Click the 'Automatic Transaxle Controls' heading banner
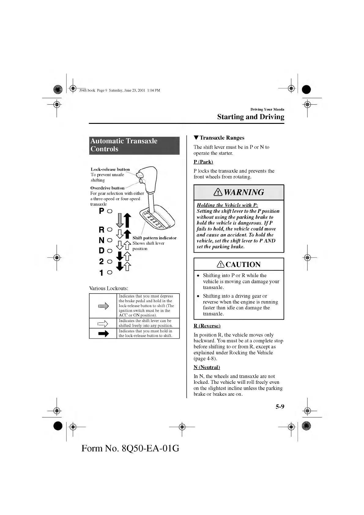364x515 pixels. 134,145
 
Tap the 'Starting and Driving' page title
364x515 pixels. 251,117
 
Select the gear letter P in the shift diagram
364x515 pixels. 102,211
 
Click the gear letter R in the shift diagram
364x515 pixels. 102,230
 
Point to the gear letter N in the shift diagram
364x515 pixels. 102,240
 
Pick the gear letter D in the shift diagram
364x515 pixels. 102,251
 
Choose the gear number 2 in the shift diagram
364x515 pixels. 102,261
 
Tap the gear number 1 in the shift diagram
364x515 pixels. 102,272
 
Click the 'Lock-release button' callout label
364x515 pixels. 110,169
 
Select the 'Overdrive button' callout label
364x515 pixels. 107,188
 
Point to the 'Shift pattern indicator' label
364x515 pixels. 154,238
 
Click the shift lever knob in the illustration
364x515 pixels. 148,177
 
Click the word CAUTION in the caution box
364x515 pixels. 243,265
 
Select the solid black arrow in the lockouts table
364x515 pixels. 103,334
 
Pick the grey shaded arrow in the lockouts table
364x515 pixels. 103,306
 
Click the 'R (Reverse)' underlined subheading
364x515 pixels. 207,326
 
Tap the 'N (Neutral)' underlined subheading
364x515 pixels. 207,367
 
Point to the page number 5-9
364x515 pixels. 280,406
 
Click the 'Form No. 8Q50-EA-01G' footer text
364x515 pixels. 130,448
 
